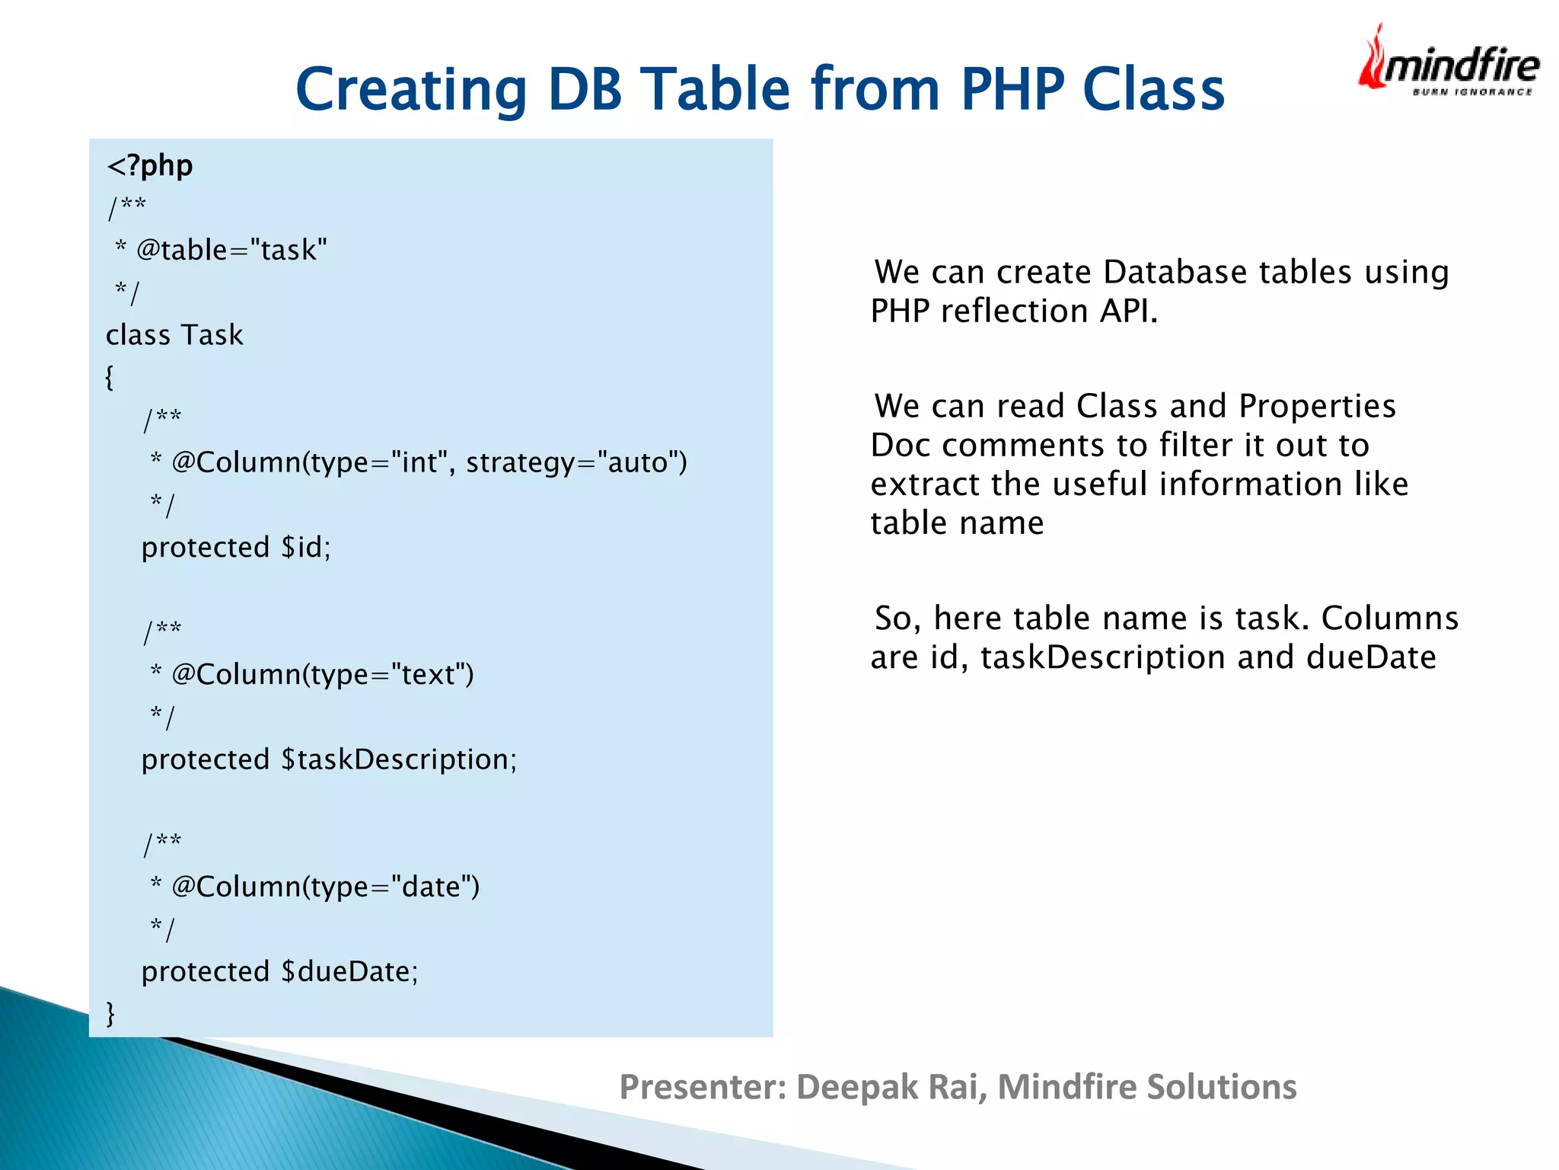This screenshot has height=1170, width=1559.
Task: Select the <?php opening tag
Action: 150,165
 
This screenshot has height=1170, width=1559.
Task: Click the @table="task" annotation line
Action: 231,250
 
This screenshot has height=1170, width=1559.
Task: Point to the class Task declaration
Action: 174,335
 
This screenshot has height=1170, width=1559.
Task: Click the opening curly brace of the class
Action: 110,377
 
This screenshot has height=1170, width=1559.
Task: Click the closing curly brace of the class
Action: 110,1013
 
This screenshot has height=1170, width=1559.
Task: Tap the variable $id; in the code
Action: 306,548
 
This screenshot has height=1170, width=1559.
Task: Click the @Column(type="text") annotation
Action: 322,675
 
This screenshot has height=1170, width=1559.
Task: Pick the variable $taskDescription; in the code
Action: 399,759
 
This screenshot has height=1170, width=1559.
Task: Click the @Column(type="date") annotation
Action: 325,887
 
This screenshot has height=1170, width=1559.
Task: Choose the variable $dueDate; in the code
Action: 349,972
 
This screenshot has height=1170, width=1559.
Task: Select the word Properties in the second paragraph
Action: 1317,406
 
